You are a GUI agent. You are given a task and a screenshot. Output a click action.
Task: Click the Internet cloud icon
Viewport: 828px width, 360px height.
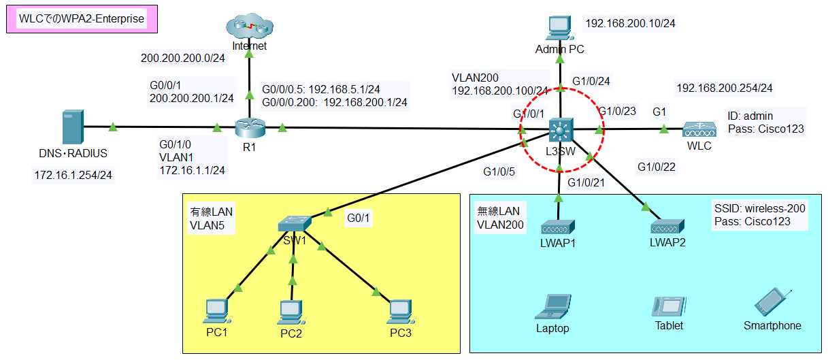(249, 28)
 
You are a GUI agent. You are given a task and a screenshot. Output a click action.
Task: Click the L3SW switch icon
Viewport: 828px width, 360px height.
(561, 129)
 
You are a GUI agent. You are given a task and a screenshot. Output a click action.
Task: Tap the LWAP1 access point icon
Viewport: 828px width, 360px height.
(559, 227)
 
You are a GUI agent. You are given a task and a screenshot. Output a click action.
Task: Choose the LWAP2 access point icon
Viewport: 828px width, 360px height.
(666, 227)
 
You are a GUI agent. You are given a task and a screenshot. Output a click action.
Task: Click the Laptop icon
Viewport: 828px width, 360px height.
(552, 307)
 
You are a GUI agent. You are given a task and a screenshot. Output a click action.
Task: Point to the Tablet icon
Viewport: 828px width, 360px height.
(668, 307)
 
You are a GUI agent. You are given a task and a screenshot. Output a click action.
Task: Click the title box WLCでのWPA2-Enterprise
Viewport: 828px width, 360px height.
(82, 19)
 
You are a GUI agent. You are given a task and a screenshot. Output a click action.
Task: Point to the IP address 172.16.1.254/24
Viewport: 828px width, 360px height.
(73, 176)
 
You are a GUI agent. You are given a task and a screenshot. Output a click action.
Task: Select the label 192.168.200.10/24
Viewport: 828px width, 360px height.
(630, 23)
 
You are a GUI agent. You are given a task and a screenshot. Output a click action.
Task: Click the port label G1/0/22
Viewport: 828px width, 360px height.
(657, 166)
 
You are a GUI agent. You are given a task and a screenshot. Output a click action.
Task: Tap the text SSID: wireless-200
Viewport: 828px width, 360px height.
(759, 208)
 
